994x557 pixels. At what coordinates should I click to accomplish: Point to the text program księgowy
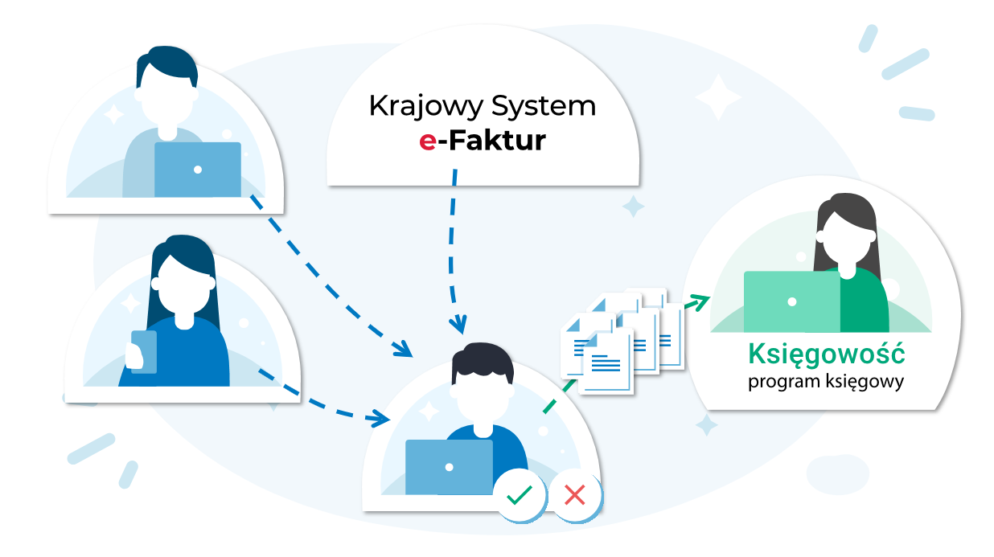coord(826,381)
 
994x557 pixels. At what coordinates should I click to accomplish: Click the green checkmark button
coord(518,494)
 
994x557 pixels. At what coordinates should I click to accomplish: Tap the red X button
coord(574,494)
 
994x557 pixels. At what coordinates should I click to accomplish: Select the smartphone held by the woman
coord(144,351)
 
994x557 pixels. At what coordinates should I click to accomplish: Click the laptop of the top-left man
coord(197,170)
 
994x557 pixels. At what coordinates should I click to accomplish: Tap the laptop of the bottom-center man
coord(449,467)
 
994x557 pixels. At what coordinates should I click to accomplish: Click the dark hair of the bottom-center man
coord(482,361)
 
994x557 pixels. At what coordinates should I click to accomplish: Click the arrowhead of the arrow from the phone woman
coord(380,418)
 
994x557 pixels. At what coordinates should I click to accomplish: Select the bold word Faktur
coord(497,141)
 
